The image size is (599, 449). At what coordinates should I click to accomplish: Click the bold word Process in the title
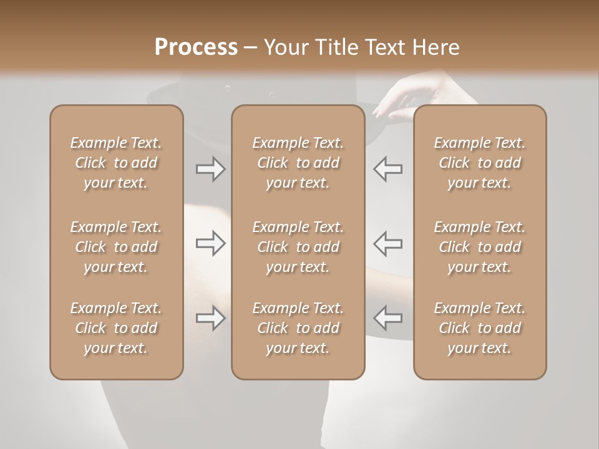click(x=196, y=47)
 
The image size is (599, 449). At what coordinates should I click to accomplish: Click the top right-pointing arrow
click(x=210, y=169)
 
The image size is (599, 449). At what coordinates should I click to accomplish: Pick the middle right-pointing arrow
click(x=210, y=243)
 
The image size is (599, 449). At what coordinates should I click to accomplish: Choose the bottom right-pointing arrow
click(x=210, y=318)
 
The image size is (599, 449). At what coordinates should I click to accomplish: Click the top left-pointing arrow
click(x=387, y=169)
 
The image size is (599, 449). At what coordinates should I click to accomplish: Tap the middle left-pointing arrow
click(x=387, y=243)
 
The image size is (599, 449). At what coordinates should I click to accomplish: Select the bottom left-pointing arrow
click(x=387, y=318)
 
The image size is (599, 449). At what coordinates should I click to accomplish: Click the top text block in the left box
click(x=116, y=163)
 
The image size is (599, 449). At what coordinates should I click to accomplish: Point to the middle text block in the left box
click(x=116, y=247)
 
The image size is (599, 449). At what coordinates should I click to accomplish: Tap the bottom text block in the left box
click(x=116, y=328)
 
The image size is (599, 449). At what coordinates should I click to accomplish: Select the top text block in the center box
click(x=298, y=163)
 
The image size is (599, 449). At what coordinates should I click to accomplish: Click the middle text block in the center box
click(x=298, y=247)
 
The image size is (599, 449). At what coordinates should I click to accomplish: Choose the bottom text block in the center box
click(x=298, y=328)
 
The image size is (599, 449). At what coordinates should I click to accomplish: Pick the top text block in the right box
click(x=479, y=163)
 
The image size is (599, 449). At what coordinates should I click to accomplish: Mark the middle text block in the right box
click(x=479, y=247)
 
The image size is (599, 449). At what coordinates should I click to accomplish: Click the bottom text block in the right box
click(x=479, y=328)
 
